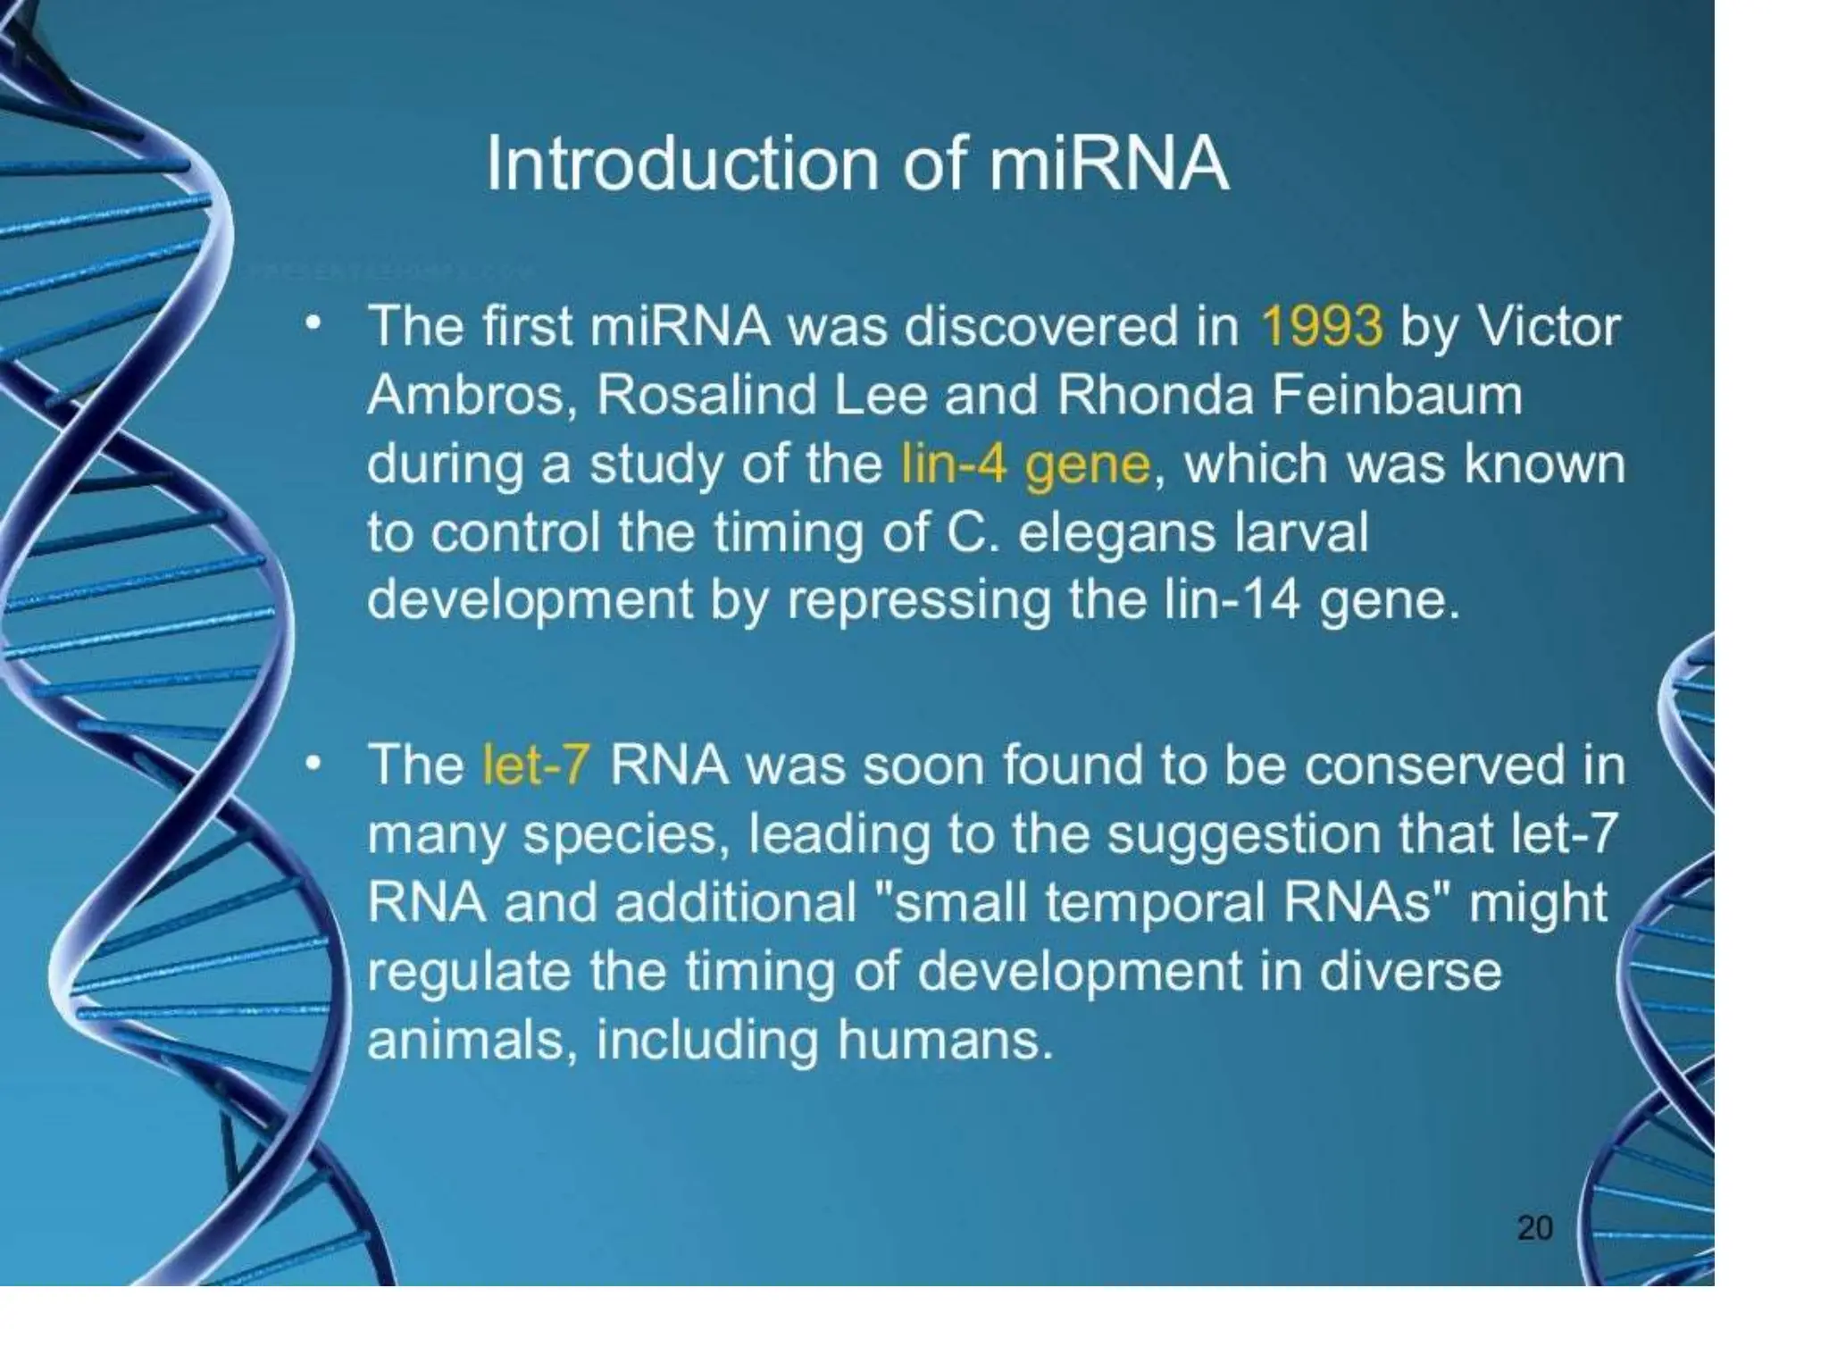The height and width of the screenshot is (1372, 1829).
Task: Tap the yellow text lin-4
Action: point(954,464)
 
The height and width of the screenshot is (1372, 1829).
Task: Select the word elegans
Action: point(1117,533)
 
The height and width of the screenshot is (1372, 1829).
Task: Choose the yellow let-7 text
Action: point(536,765)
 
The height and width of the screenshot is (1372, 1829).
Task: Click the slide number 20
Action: point(1534,1228)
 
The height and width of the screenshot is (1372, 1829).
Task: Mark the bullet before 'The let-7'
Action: point(312,764)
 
